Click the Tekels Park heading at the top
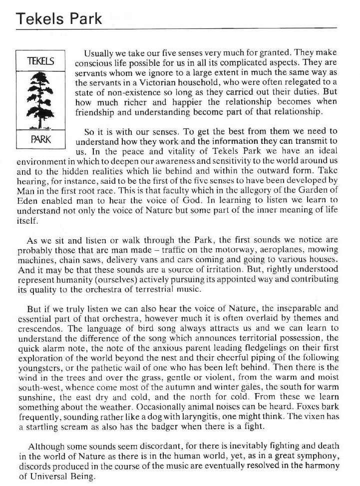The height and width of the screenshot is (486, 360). tap(59, 18)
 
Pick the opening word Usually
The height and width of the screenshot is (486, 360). tap(100, 53)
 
